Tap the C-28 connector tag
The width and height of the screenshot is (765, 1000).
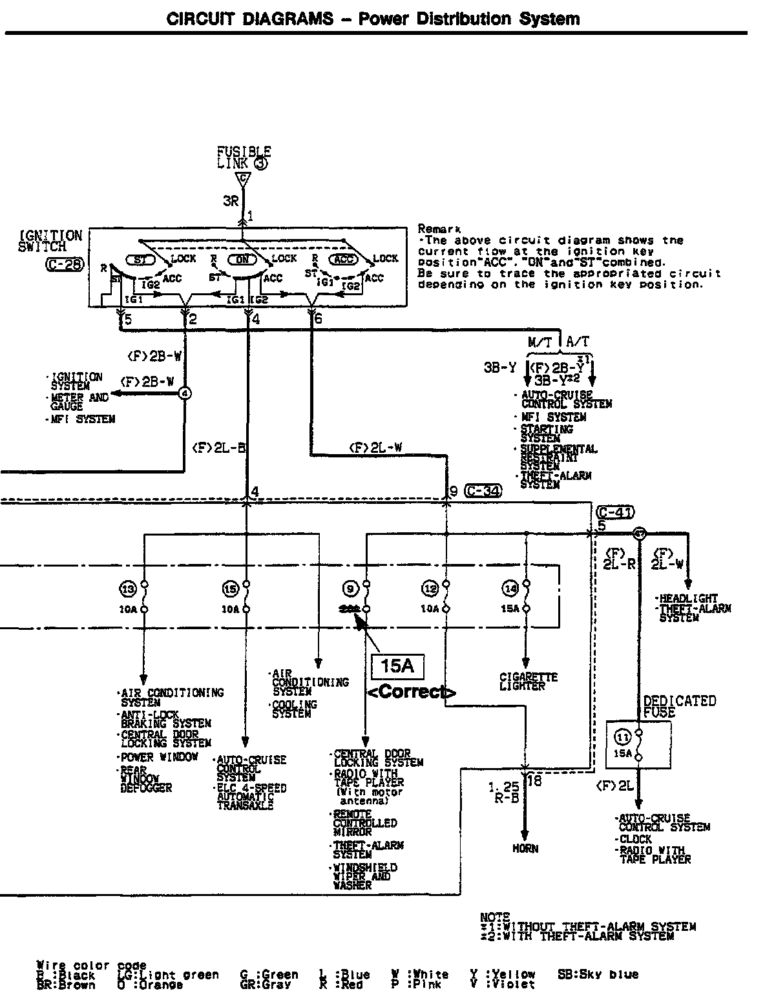tap(65, 264)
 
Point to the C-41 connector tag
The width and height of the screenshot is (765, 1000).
tap(616, 512)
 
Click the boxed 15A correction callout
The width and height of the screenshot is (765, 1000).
tap(397, 666)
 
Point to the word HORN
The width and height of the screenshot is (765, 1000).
tap(525, 848)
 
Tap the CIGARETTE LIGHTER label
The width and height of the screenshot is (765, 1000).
tap(529, 682)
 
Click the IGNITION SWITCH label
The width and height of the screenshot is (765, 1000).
tap(50, 240)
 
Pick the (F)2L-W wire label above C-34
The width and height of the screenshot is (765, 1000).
tap(376, 446)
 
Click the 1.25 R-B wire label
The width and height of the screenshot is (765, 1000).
tap(503, 793)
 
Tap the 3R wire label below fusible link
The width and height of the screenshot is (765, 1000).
tap(231, 201)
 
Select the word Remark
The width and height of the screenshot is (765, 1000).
tap(439, 229)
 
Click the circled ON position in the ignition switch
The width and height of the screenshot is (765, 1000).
tap(246, 259)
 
